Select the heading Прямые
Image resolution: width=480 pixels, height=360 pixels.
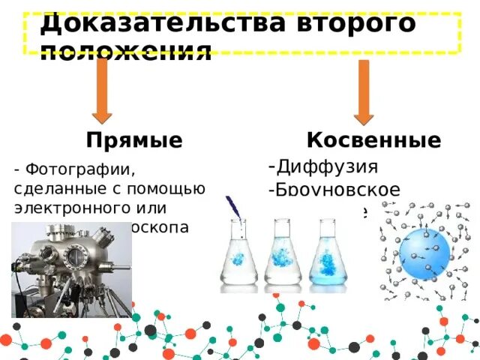[x=134, y=141]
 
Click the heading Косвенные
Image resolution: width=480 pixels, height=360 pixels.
[x=373, y=140]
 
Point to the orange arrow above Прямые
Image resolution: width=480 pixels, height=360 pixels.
[x=102, y=91]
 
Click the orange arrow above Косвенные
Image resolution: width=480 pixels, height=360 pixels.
[x=364, y=91]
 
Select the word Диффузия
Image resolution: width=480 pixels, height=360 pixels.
[x=327, y=166]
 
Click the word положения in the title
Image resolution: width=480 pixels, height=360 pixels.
[x=126, y=52]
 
